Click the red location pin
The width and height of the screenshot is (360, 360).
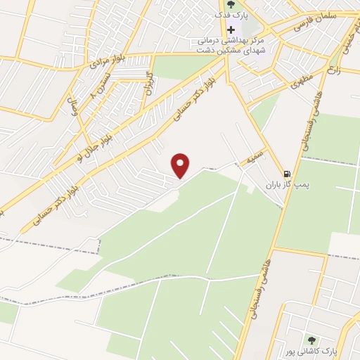(x=181, y=165)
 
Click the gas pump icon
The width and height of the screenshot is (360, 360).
(x=286, y=174)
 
